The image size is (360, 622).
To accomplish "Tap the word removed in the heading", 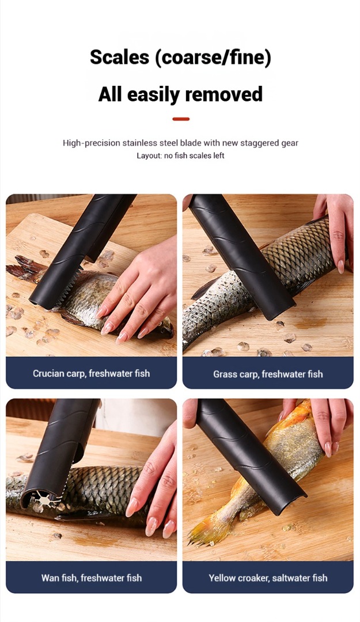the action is click(224, 94).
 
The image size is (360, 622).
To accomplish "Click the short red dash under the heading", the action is click(181, 119).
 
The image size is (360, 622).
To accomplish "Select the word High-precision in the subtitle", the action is click(91, 143).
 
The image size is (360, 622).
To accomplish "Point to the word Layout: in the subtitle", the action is click(149, 156).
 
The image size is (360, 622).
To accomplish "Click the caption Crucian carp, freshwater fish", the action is click(91, 373).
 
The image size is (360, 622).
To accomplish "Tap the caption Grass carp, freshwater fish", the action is click(268, 374).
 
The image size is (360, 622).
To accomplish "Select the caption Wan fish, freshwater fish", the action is click(91, 578).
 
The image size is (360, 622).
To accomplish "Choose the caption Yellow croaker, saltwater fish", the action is click(268, 578).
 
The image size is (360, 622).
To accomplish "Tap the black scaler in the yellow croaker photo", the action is click(250, 456).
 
